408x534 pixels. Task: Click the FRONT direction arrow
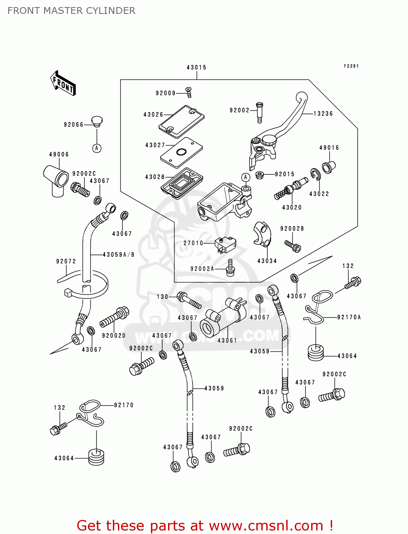63,83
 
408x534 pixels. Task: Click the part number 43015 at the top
196,67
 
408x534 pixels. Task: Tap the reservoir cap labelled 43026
181,121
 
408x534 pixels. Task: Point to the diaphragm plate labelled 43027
181,152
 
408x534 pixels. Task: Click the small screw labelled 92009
189,92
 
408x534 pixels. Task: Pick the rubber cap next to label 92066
96,121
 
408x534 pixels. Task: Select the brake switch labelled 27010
225,245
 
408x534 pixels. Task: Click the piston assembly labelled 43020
291,189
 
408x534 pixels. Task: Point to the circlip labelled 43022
315,174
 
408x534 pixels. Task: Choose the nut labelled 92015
260,175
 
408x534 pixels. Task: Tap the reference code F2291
351,66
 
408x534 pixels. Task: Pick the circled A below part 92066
97,148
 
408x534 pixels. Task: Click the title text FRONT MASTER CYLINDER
71,11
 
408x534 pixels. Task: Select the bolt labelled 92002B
293,246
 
